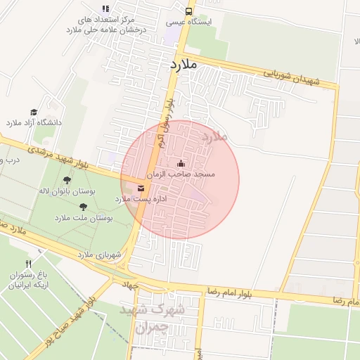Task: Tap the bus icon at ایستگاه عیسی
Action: tap(188, 11)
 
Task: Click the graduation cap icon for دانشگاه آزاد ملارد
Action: tap(34, 112)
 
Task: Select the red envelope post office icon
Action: tap(141, 188)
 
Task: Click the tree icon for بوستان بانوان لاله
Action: tap(67, 181)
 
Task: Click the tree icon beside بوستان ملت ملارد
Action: tap(84, 207)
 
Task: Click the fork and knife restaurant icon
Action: tap(28, 264)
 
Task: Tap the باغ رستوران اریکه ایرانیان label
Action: tap(28, 280)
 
